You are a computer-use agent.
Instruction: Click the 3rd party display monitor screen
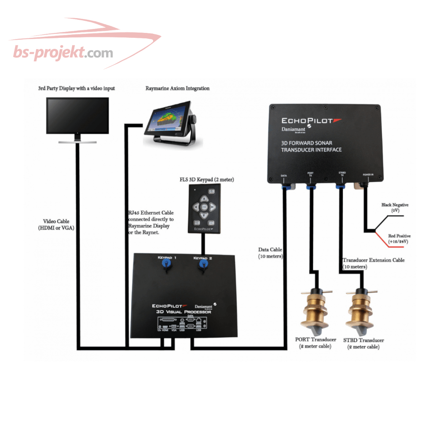click(78, 116)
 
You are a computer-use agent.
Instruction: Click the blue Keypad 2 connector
click(204, 265)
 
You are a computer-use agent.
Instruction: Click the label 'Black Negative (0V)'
click(395, 207)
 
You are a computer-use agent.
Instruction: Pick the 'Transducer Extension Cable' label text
click(373, 260)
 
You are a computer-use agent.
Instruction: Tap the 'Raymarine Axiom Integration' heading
click(177, 88)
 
